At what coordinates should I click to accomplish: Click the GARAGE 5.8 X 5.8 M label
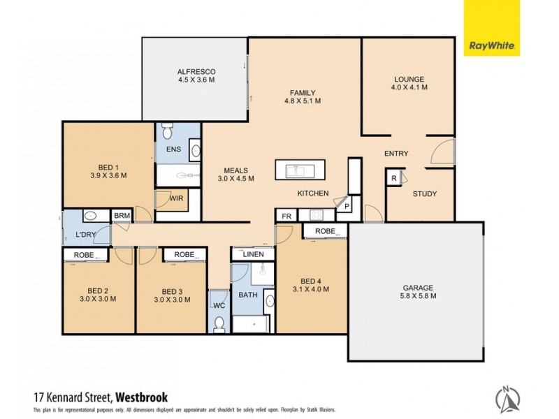click(417, 292)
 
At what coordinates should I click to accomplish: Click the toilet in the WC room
click(219, 323)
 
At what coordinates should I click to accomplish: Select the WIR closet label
click(177, 200)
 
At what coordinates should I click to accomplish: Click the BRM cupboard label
click(122, 216)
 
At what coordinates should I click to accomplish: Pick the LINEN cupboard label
click(253, 255)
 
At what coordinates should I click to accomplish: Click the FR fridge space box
click(286, 216)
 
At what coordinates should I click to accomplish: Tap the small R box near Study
click(395, 179)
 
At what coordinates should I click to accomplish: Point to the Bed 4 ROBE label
click(325, 231)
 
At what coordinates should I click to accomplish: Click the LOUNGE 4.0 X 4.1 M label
click(409, 83)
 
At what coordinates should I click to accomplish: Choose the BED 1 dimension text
click(108, 176)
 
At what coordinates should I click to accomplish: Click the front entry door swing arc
click(442, 152)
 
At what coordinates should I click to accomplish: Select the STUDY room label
click(424, 193)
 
